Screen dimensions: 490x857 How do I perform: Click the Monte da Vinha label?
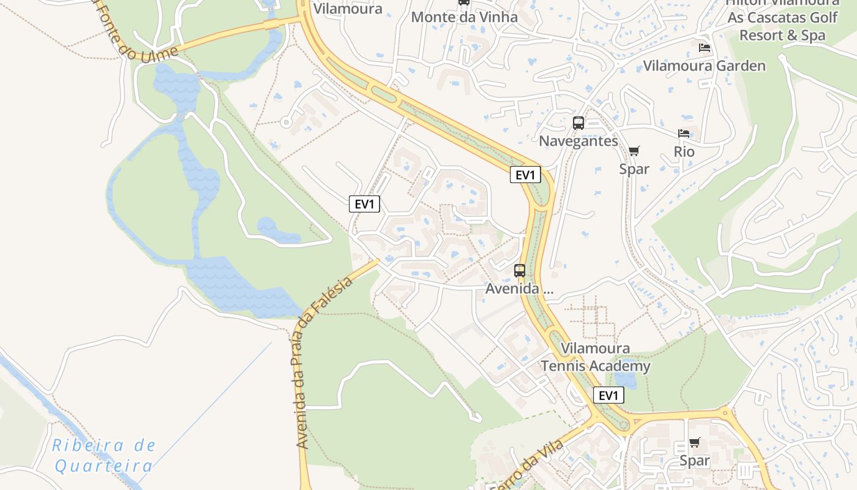tap(464, 17)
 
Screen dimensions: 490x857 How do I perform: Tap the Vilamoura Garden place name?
tap(704, 66)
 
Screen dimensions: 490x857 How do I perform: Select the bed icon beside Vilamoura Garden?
tap(705, 48)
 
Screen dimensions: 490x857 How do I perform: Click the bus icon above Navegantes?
tap(578, 123)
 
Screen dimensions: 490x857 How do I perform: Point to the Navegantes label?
tap(578, 141)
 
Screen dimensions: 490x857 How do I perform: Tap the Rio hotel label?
tap(684, 151)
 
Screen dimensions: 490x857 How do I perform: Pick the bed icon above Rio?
tap(684, 134)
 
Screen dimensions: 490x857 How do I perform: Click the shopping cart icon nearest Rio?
tap(634, 151)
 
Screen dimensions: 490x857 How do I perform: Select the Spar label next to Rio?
tap(634, 168)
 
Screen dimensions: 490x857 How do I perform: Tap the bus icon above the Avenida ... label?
tap(519, 270)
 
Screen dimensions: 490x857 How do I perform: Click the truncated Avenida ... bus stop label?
tap(519, 288)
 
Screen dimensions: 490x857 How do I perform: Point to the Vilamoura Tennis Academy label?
tap(595, 358)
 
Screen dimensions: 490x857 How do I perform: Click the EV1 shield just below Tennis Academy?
tap(608, 396)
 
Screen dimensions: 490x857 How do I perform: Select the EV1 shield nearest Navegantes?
tap(525, 175)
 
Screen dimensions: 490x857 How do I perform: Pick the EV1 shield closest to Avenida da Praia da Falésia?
tap(364, 204)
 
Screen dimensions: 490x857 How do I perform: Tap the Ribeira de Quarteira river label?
tap(104, 456)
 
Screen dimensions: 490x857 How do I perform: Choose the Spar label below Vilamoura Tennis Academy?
tap(694, 461)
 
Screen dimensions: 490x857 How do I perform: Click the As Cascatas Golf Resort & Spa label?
tap(782, 26)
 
